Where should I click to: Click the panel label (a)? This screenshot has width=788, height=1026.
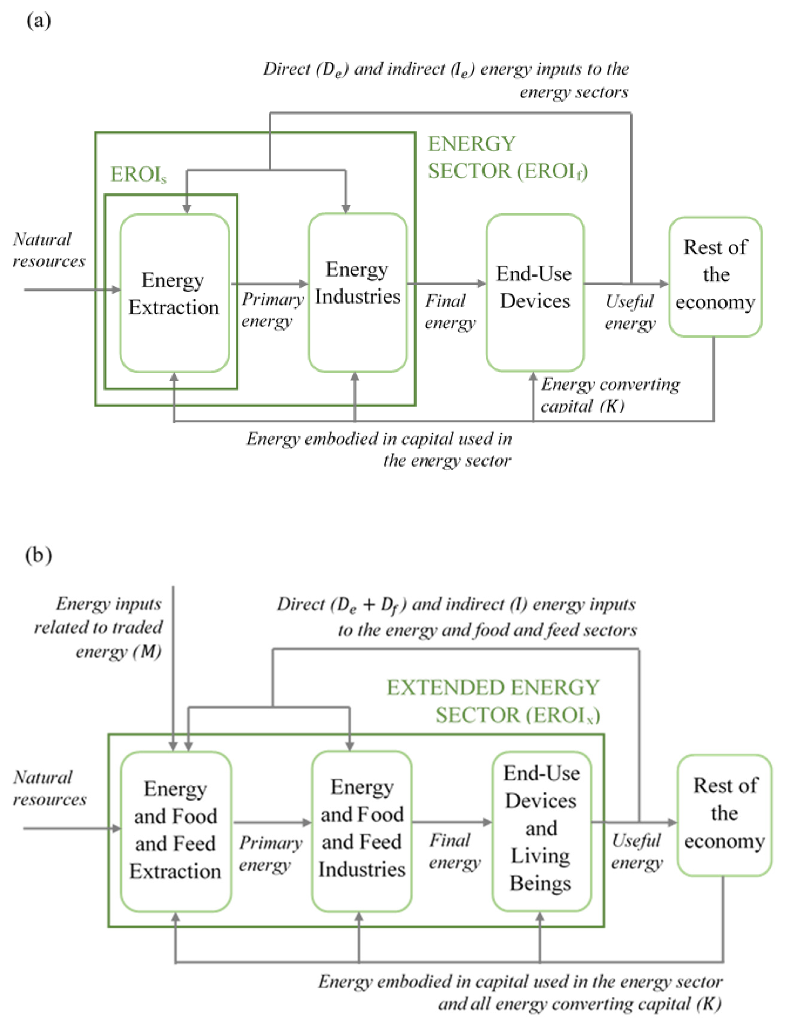tap(39, 21)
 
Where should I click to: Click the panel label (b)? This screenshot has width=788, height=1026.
tap(39, 555)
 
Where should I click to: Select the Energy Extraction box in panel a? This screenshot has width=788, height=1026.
tap(174, 293)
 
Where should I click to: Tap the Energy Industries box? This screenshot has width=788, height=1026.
tap(358, 292)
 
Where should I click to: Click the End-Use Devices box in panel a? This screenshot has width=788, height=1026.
tap(535, 292)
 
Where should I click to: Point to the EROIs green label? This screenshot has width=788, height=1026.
tap(138, 174)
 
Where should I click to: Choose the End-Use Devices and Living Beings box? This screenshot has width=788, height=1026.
tap(541, 829)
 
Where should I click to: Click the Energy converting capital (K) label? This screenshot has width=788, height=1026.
tap(610, 395)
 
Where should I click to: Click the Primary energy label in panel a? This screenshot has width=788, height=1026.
tap(272, 310)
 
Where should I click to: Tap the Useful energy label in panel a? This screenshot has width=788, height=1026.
tap(630, 312)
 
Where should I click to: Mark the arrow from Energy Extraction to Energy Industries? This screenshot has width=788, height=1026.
tap(270, 284)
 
